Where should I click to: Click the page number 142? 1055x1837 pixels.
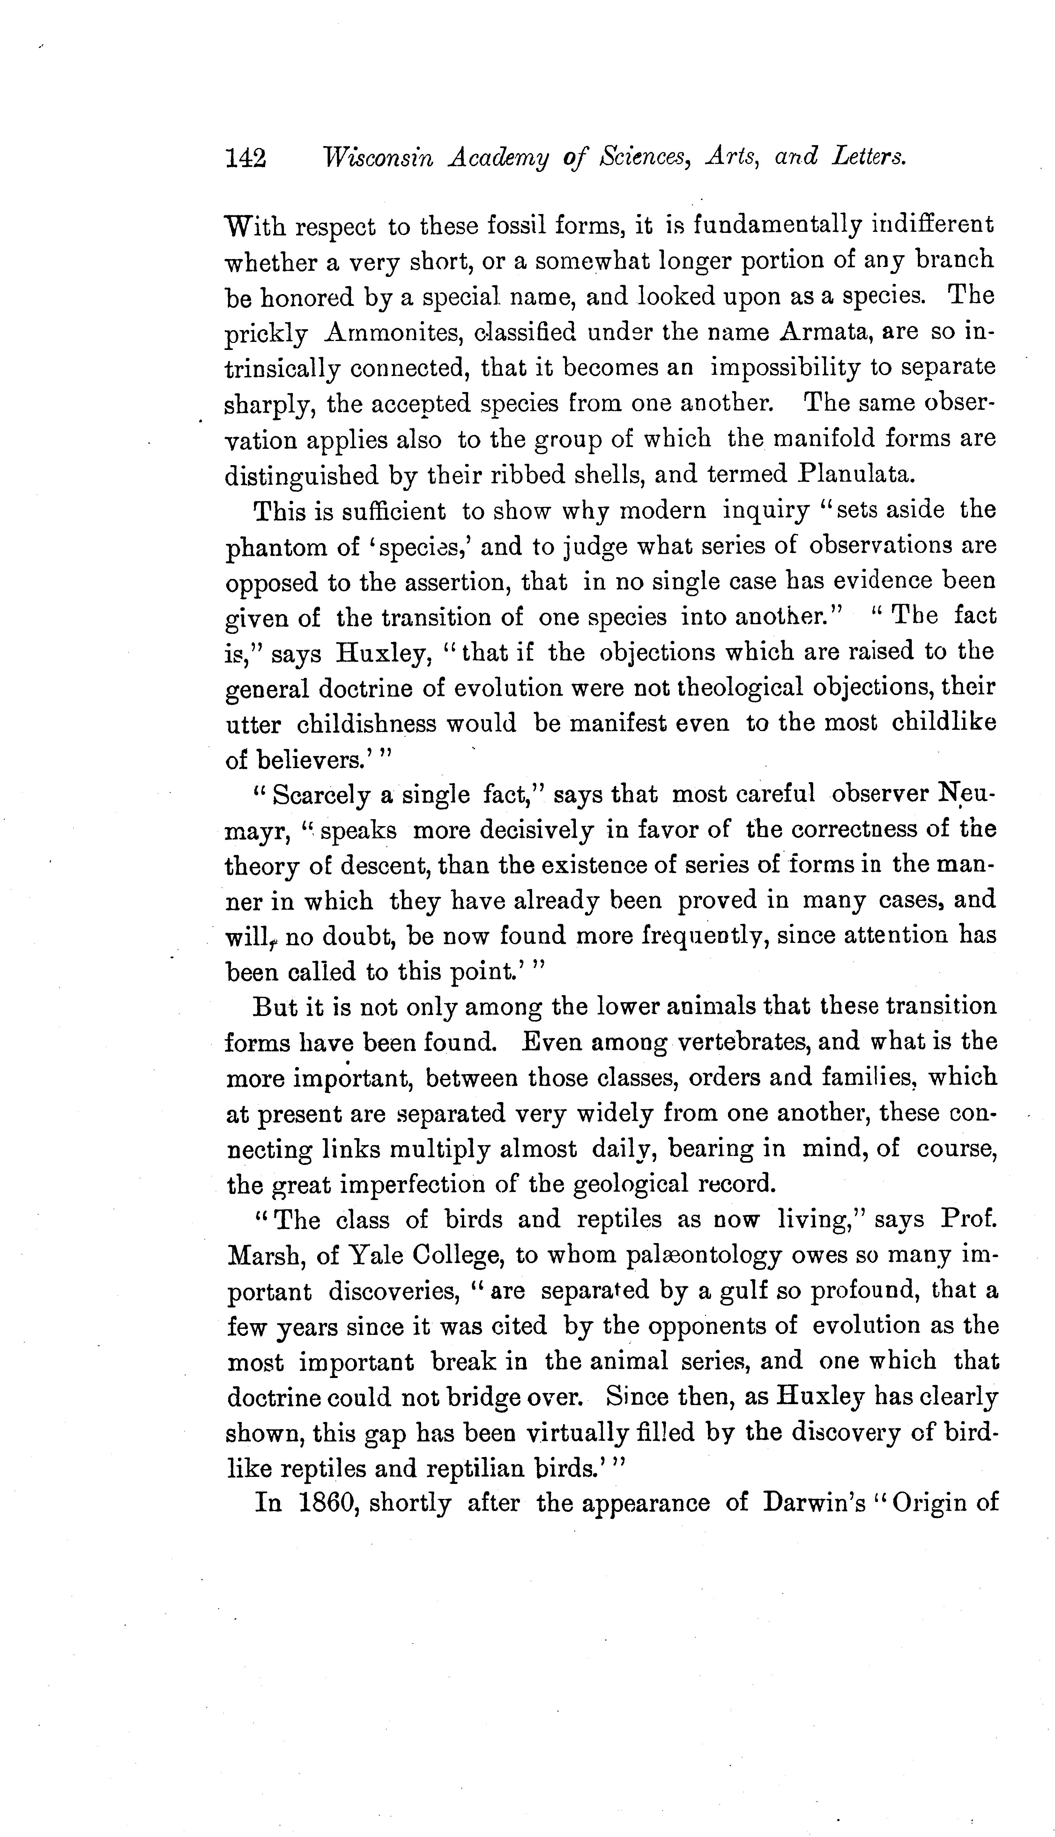[246, 158]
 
